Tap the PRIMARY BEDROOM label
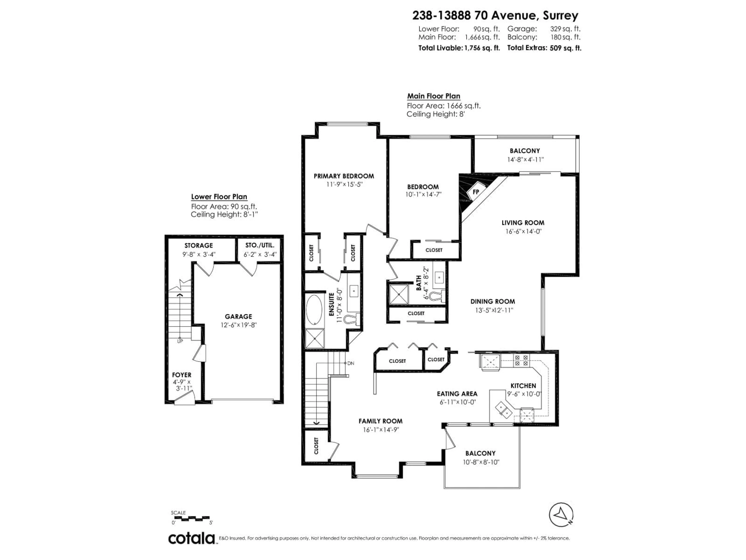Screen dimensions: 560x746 (x=344, y=176)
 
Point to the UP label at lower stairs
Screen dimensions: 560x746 (x=180, y=341)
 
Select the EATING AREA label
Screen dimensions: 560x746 (x=457, y=394)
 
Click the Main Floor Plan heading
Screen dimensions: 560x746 (x=433, y=96)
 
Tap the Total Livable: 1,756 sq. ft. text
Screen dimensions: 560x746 (x=459, y=48)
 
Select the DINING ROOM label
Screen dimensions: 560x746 (x=492, y=301)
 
